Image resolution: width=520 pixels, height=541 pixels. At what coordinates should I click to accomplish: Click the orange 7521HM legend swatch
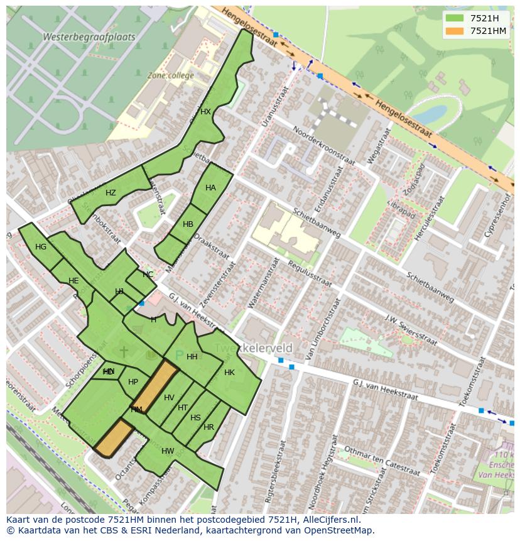455,31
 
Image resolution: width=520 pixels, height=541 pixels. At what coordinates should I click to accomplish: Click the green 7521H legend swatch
455,18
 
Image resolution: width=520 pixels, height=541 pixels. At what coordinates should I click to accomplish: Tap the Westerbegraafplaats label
89,37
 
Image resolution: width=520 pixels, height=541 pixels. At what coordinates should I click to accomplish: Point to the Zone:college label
170,75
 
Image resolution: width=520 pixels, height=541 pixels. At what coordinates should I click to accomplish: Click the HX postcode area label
205,112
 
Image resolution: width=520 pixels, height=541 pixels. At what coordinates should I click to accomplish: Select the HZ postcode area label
111,193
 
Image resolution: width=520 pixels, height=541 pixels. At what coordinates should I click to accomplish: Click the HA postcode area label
210,188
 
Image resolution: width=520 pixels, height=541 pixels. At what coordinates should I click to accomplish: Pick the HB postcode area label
188,224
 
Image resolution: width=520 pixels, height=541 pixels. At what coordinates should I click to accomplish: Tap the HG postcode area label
41,247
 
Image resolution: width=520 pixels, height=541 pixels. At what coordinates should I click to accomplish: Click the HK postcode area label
229,373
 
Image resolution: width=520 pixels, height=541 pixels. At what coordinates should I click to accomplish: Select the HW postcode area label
168,451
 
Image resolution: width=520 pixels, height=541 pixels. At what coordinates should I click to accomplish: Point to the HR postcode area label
209,427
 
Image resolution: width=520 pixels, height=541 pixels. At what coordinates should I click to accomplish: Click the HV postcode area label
169,398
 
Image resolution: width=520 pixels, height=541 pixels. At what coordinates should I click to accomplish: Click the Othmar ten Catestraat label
381,461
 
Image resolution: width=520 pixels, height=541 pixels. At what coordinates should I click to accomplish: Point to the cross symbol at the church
124,351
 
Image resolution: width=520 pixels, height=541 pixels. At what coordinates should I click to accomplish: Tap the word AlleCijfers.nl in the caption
328,520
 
